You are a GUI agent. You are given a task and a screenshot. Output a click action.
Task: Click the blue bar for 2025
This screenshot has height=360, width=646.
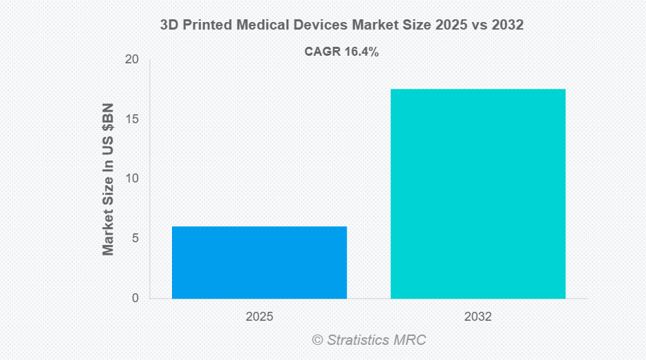[x=259, y=262]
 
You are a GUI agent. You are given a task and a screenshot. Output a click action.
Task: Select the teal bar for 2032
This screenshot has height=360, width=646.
[x=478, y=193]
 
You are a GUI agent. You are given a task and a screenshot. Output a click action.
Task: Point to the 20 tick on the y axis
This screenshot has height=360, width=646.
[x=131, y=61]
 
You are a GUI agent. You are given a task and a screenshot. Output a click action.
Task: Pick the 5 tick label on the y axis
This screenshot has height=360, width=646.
[x=135, y=239]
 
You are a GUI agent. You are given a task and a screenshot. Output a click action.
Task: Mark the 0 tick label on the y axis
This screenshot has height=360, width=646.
[x=135, y=298]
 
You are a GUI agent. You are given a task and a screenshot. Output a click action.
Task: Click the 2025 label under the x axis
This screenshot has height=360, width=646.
[x=259, y=317]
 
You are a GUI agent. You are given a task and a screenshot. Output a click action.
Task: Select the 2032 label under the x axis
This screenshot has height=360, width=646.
[x=478, y=317]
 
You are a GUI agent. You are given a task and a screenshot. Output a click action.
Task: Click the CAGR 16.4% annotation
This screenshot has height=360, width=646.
[x=341, y=52]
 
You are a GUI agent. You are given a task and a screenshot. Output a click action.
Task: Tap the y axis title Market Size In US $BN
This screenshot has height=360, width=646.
[x=108, y=179]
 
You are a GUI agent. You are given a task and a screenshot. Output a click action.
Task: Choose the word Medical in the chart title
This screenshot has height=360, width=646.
[x=263, y=25]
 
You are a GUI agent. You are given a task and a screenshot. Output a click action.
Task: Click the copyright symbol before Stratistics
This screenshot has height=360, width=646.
[x=317, y=340]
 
